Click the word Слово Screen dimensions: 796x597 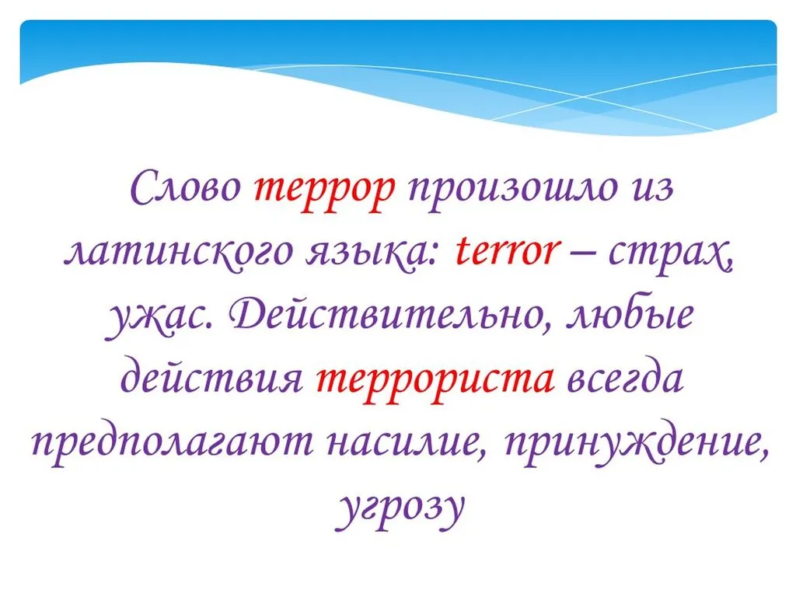pyautogui.click(x=186, y=187)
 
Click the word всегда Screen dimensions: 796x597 pyautogui.click(x=625, y=379)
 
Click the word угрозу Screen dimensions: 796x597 pyautogui.click(x=400, y=509)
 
